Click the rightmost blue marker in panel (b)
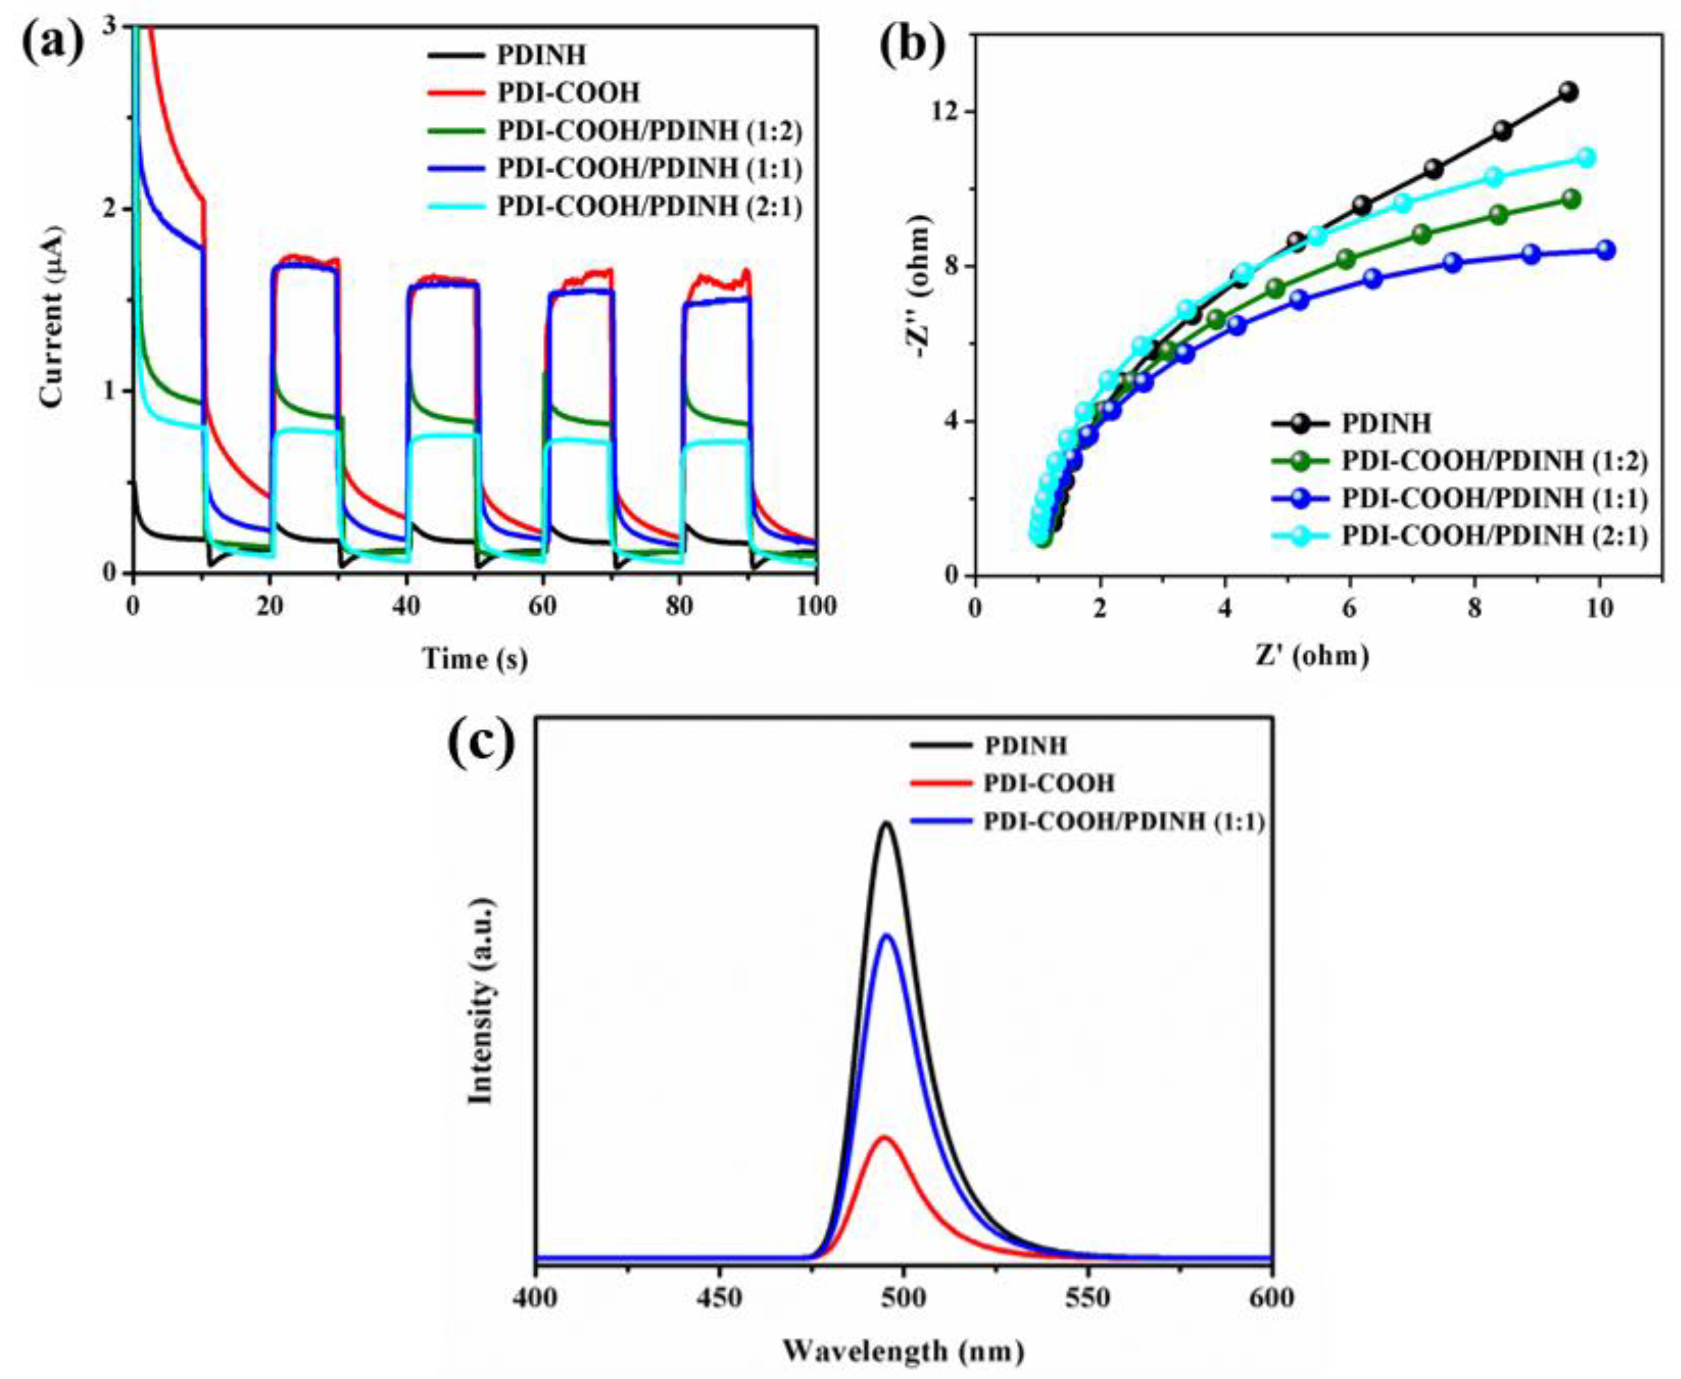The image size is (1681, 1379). point(1605,250)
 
